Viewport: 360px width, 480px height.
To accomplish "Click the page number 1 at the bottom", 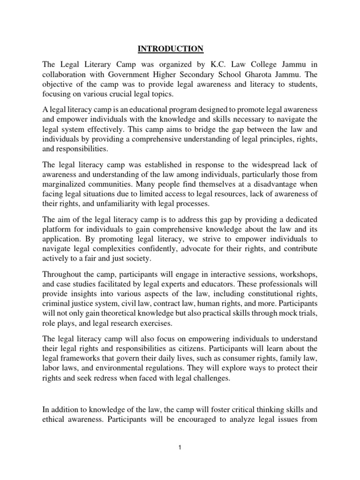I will [x=180, y=447].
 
